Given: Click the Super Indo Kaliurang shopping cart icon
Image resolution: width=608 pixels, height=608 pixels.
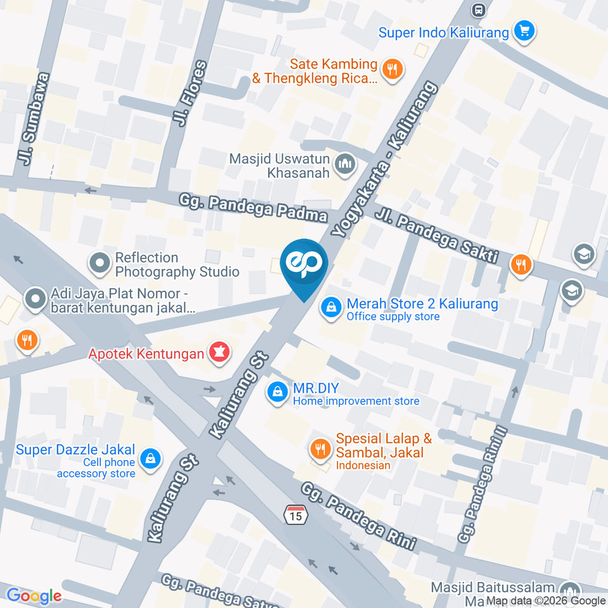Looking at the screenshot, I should pyautogui.click(x=524, y=30).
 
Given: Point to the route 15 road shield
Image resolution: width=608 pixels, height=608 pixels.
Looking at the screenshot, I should pyautogui.click(x=295, y=514).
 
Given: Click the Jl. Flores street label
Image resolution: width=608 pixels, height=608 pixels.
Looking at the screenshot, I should pyautogui.click(x=192, y=93).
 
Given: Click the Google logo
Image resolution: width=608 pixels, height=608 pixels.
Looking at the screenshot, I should pyautogui.click(x=34, y=595).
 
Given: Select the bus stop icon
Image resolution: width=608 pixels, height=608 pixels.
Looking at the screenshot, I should pyautogui.click(x=479, y=10).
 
